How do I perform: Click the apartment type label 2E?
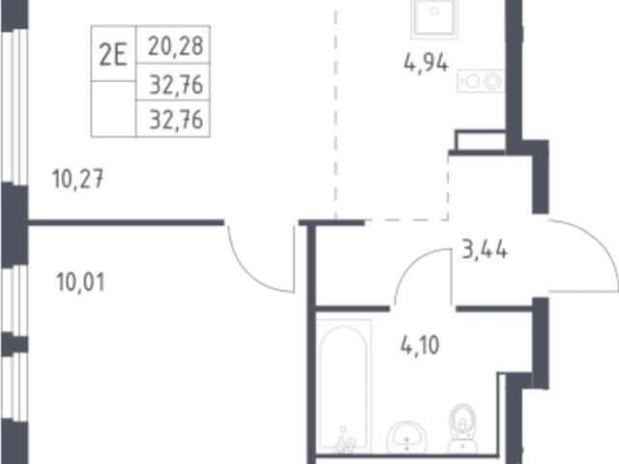[x=113, y=55]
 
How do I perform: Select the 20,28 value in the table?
[x=176, y=45]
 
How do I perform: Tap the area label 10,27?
[x=77, y=179]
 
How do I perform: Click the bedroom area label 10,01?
[x=80, y=282]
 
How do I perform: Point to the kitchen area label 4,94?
[x=426, y=63]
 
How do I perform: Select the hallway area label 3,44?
[x=485, y=249]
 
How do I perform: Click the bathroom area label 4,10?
[x=420, y=345]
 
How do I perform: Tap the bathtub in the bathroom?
[x=344, y=386]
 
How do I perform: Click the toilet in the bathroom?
[x=462, y=428]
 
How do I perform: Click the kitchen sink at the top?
[x=434, y=19]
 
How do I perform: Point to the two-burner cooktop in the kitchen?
[x=481, y=81]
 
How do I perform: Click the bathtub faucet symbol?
[x=344, y=440]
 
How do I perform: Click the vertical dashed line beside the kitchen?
[x=336, y=114]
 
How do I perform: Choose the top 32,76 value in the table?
[x=176, y=85]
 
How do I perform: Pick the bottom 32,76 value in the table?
[x=176, y=120]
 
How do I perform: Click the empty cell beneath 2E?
[x=113, y=109]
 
